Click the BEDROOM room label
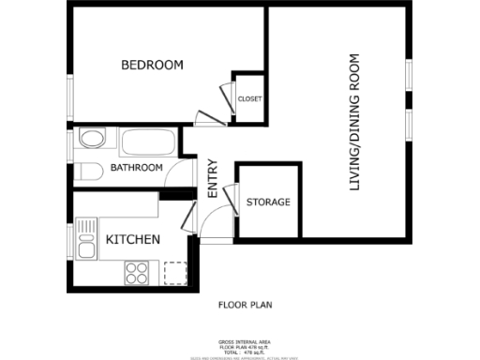[152, 65]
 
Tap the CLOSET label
[249, 98]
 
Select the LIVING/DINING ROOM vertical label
[354, 123]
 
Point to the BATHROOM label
[137, 168]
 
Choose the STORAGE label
[268, 202]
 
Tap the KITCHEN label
[132, 240]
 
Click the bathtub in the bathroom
[148, 143]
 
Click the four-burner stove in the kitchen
[137, 272]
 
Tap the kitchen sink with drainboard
[87, 239]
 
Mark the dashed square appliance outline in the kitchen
[174, 273]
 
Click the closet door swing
[225, 97]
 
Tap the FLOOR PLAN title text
[245, 305]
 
